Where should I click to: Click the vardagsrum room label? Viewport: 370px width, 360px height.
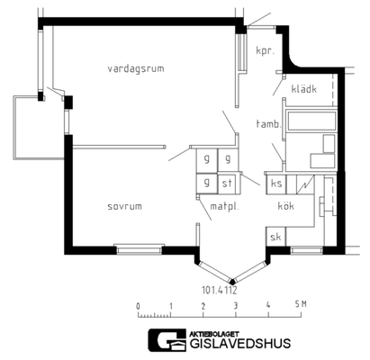point(136,68)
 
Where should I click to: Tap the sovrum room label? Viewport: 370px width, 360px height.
point(124,206)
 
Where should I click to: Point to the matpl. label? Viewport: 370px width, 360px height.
point(224,207)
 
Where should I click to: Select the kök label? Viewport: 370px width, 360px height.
point(285,206)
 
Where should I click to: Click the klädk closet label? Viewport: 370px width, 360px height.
point(304,89)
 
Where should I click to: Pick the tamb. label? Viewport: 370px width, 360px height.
point(267,123)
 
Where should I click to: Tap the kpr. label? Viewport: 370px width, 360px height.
point(266,50)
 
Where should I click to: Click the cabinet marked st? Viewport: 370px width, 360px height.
point(228,183)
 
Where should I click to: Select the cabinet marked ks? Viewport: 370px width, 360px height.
point(276,184)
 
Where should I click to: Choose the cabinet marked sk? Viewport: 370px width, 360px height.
point(275,237)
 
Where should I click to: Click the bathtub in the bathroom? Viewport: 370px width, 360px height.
point(311,121)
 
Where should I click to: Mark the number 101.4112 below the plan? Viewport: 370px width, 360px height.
point(220,290)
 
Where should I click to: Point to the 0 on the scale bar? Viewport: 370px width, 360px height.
point(138,306)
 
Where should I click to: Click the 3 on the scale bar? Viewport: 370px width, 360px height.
point(236,306)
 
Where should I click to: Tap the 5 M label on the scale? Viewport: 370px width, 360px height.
point(301,304)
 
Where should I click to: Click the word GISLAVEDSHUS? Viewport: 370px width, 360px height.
point(240,344)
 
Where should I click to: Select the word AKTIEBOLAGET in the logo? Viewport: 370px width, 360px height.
point(214,334)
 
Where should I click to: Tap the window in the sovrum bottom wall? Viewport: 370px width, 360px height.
point(139,249)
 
